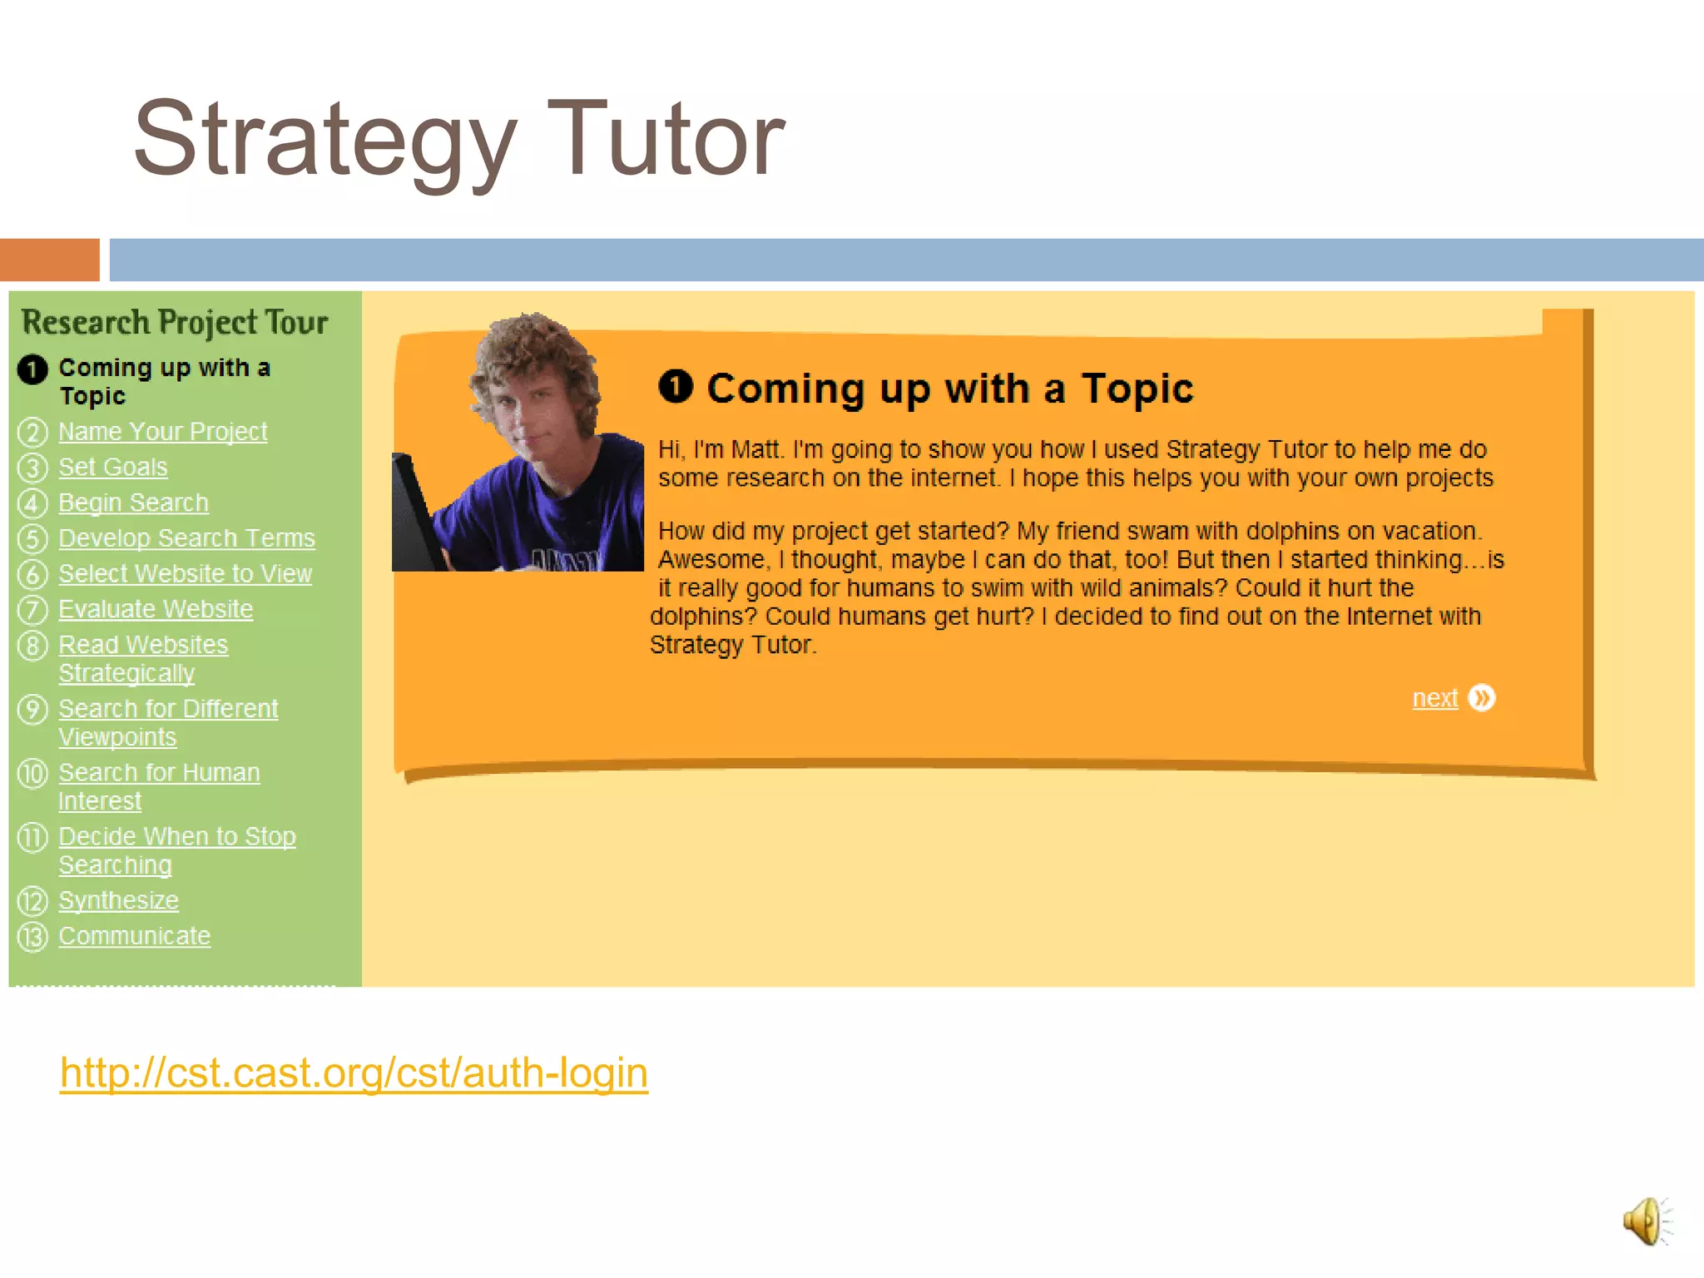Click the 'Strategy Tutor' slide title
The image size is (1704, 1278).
tap(458, 139)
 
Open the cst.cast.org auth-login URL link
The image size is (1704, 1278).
tap(354, 1072)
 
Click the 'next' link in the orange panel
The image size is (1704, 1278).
tap(1434, 698)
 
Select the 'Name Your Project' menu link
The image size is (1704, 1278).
tap(162, 432)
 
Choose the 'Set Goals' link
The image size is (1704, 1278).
tap(112, 468)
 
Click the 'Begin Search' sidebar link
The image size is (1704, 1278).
tap(133, 503)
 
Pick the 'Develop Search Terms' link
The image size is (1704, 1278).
tap(186, 538)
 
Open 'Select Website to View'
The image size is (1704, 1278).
tap(185, 574)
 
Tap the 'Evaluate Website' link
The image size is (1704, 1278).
tap(155, 610)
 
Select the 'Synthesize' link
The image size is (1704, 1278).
tap(118, 901)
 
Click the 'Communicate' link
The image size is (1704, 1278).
tap(134, 937)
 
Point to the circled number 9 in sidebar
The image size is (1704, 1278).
tap(32, 710)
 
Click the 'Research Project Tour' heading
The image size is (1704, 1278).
tap(175, 323)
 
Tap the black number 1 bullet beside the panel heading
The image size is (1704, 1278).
tap(676, 386)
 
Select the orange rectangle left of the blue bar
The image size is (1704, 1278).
tap(49, 260)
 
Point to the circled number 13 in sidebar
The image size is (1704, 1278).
tap(32, 938)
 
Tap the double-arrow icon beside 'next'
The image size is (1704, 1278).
tap(1481, 698)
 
